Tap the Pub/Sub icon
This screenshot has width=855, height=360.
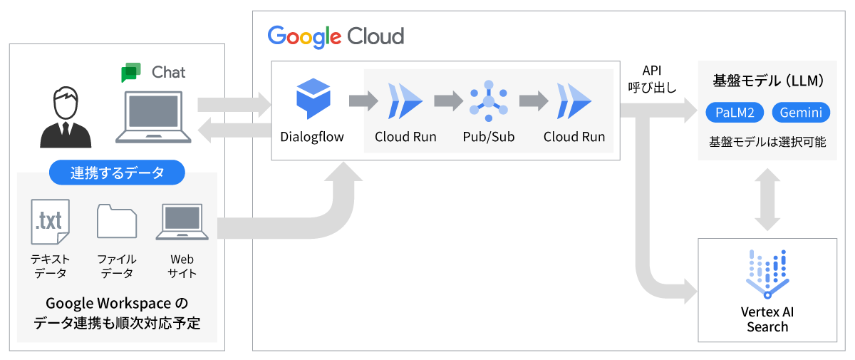[x=488, y=100]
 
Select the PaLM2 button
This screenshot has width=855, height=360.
[x=735, y=113]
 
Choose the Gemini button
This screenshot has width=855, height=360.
[x=801, y=113]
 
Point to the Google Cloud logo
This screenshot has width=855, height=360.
[x=336, y=36]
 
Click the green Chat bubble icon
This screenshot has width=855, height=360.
[x=131, y=73]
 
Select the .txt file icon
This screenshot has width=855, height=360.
[x=50, y=222]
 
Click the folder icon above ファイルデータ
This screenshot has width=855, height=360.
[x=117, y=222]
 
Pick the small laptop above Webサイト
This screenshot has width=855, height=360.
[x=182, y=222]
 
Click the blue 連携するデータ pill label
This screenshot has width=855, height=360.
[x=117, y=173]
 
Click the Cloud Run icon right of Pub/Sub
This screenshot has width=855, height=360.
[x=574, y=101]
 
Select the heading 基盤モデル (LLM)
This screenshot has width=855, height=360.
[x=768, y=81]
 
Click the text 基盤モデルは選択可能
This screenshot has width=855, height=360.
[x=767, y=141]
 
